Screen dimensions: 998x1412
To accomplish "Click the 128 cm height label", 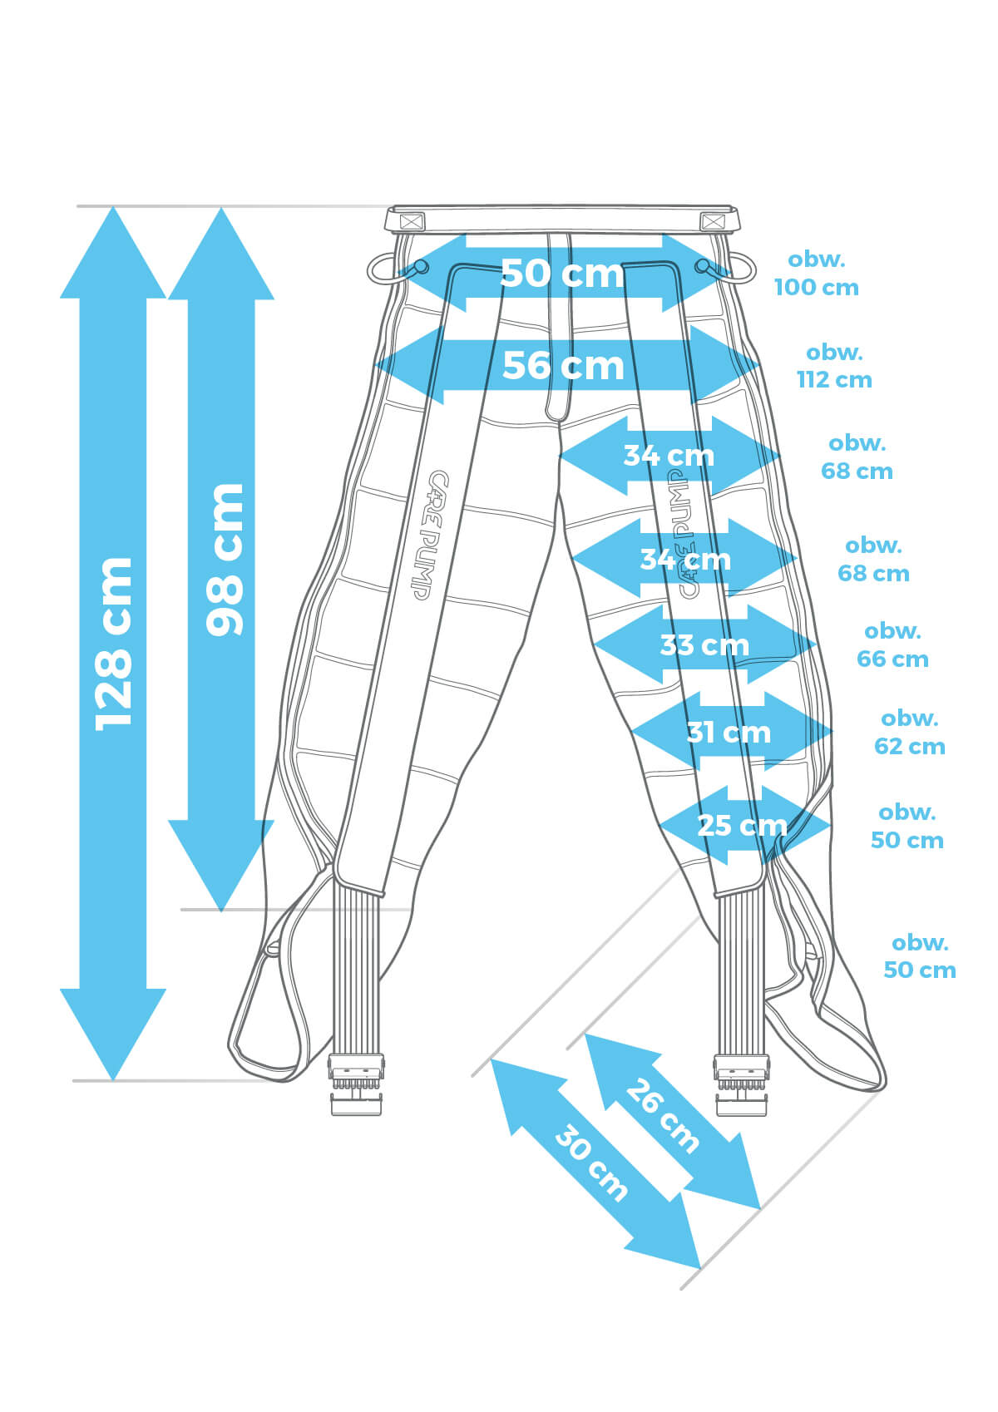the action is (x=114, y=644).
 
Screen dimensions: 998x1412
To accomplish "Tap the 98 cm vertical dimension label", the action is (x=225, y=560).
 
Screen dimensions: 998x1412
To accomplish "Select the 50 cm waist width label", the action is (x=561, y=273).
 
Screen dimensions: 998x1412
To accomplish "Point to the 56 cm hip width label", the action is (x=563, y=366).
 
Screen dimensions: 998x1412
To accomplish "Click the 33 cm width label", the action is (x=704, y=644).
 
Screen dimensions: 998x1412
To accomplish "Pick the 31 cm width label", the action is (x=729, y=733).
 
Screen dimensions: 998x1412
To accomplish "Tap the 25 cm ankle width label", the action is (x=742, y=825).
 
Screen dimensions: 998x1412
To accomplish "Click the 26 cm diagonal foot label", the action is (x=662, y=1116).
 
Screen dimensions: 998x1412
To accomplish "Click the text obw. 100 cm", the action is (x=817, y=274).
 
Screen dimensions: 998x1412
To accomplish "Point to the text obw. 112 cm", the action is (x=834, y=366).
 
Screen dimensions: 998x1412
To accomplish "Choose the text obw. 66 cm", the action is (x=892, y=645).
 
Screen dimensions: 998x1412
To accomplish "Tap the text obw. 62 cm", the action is (x=909, y=733).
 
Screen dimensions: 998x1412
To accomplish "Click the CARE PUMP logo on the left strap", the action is (x=428, y=535).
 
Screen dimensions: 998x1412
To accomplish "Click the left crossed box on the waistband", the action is (x=410, y=222).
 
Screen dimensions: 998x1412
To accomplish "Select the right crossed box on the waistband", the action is (x=713, y=222).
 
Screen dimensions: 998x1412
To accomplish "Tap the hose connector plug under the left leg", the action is (x=356, y=1085).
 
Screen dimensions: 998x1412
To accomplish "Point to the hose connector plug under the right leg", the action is (x=741, y=1085).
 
